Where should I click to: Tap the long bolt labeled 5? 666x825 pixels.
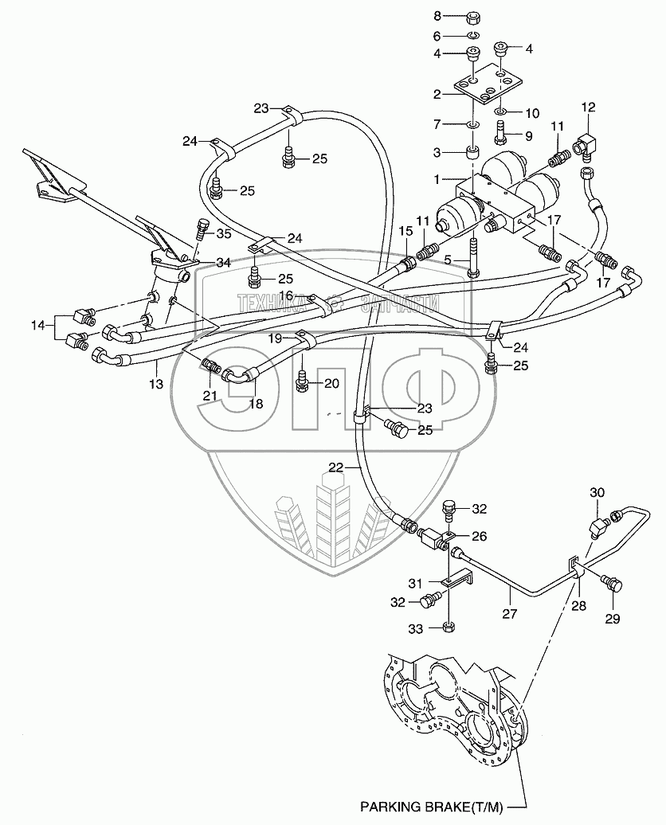pyautogui.click(x=475, y=256)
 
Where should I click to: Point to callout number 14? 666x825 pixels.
pyautogui.click(x=38, y=324)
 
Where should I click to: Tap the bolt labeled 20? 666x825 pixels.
pyautogui.click(x=303, y=384)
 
